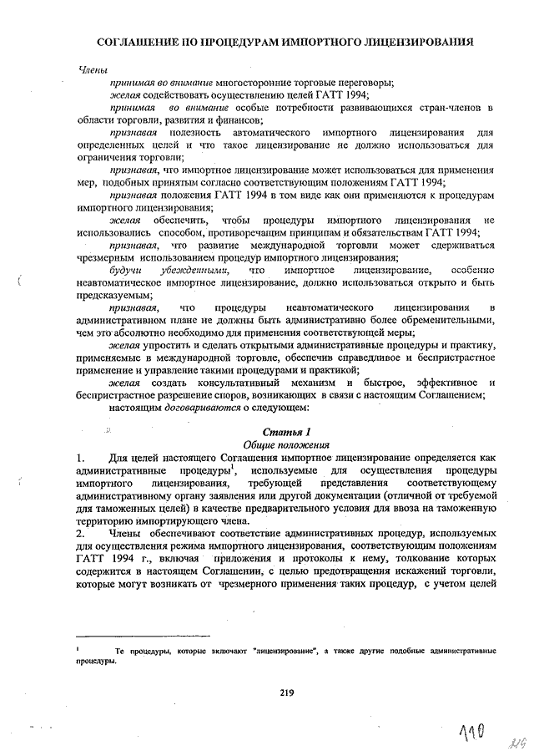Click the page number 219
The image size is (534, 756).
pos(286,691)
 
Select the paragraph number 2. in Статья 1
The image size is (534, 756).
pos(80,532)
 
